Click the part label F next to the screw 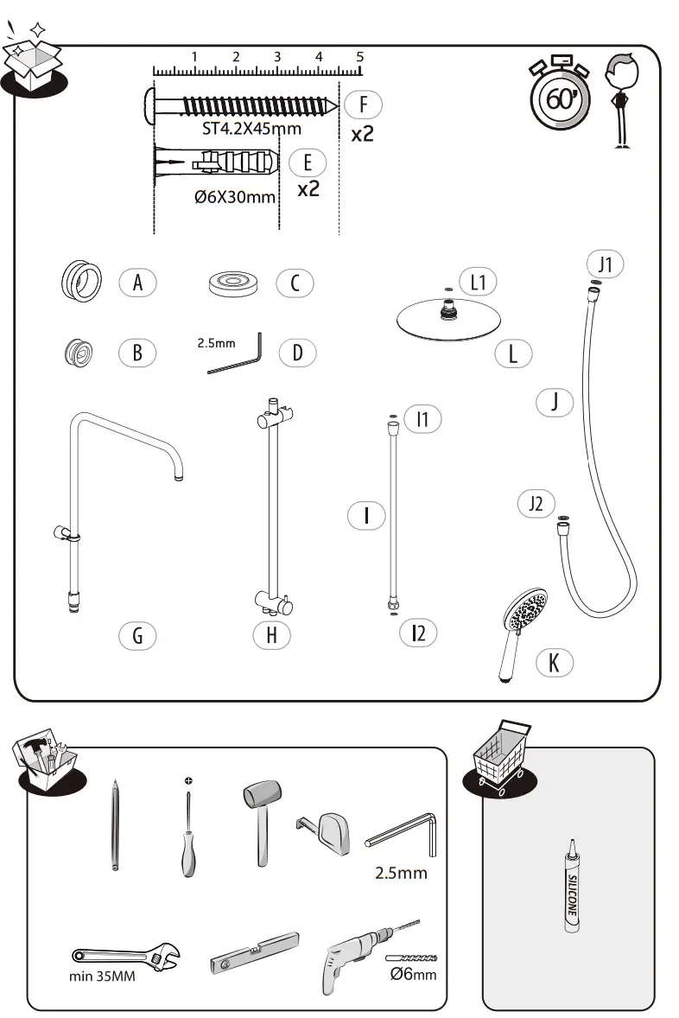363,105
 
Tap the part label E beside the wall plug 308,162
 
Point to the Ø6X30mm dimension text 235,197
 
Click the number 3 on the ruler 277,57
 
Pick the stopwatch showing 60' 560,97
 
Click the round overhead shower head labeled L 448,319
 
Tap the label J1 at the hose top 605,264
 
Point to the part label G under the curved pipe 137,636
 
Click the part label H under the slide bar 271,635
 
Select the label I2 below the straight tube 418,633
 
